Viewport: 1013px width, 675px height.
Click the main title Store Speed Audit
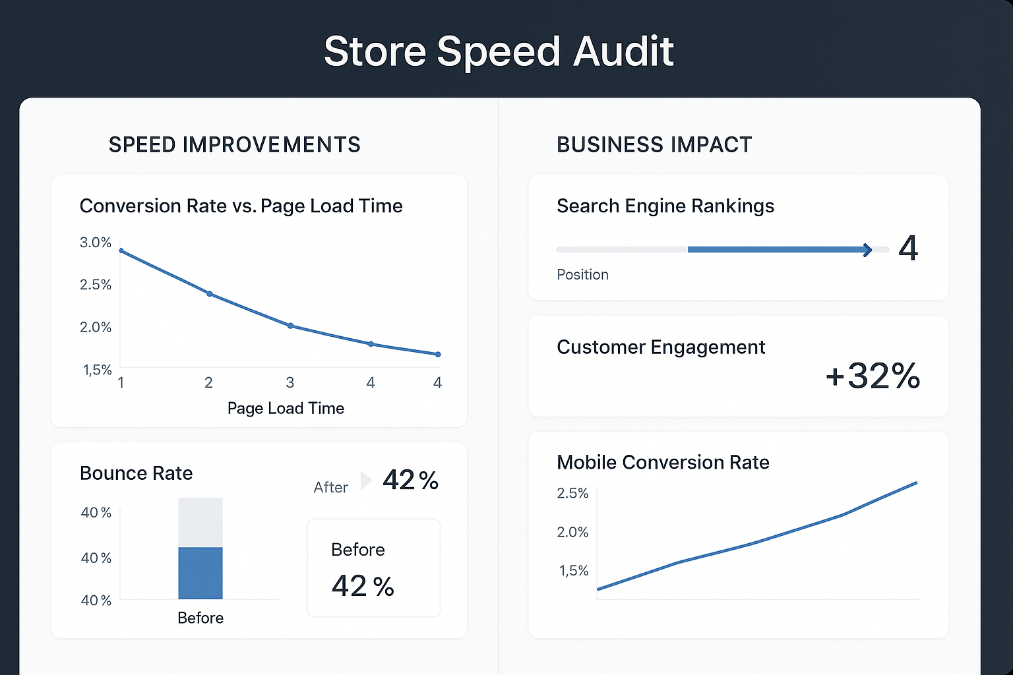pos(499,51)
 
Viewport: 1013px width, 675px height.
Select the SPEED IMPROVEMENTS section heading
pos(234,144)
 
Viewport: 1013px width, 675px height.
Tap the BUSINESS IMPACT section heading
pos(654,144)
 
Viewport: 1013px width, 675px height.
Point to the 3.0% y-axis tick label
pos(96,243)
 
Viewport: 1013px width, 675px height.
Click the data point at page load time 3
pos(290,326)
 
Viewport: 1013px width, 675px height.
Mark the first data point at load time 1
pos(121,250)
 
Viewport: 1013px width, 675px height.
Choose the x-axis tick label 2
pos(208,382)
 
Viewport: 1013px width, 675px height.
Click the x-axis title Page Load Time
pos(286,408)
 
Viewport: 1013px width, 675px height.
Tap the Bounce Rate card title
pos(136,473)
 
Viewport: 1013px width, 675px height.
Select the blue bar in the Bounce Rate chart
pos(200,573)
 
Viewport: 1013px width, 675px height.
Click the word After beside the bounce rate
pos(330,487)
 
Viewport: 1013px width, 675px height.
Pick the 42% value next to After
pos(410,480)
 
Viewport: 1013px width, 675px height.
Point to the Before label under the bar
pos(200,618)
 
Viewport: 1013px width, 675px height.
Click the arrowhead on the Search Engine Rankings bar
pos(867,250)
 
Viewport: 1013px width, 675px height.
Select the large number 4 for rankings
pos(908,249)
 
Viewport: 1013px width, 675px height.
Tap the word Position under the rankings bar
pos(582,274)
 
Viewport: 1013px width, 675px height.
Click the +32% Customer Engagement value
pos(873,376)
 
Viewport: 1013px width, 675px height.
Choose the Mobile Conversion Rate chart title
pos(663,462)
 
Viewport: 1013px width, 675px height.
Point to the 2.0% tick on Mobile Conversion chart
pos(572,532)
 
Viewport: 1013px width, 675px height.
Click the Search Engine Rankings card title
pos(665,206)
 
